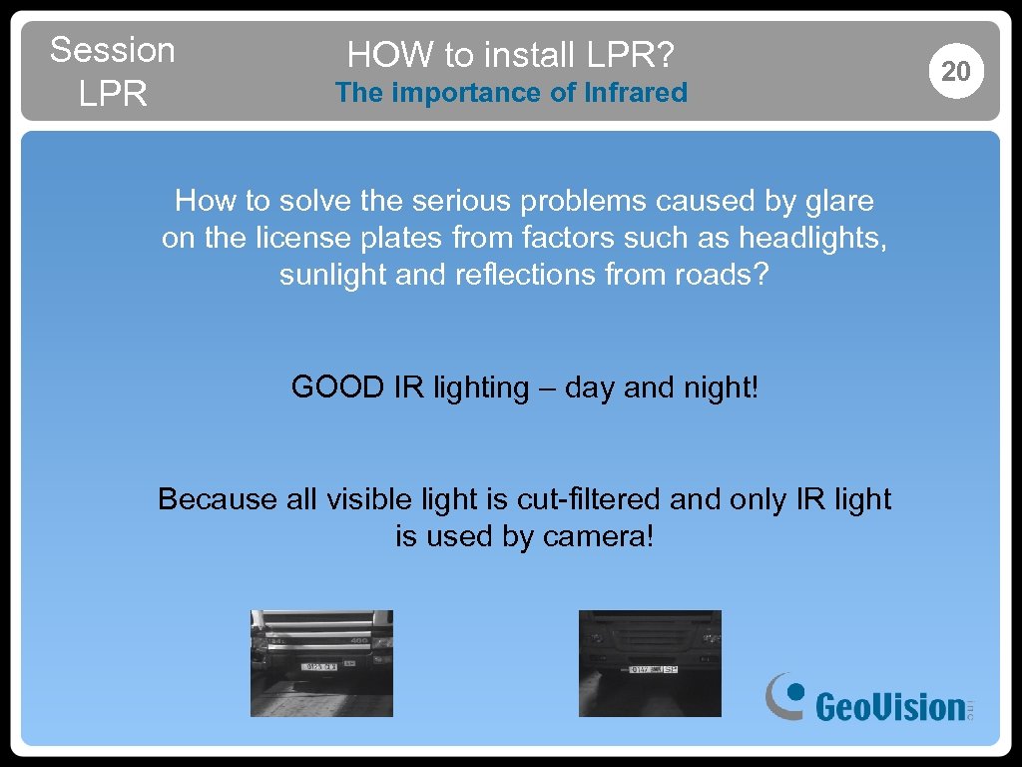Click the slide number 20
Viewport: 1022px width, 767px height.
pyautogui.click(x=955, y=71)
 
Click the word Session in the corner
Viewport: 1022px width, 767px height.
pyautogui.click(x=112, y=50)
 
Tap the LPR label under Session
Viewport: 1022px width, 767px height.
pyautogui.click(x=112, y=94)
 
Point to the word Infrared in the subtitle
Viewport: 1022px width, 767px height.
pyautogui.click(x=637, y=93)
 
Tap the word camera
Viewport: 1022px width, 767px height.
pyautogui.click(x=598, y=536)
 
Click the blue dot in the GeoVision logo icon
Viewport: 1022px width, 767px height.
pyautogui.click(x=794, y=689)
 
